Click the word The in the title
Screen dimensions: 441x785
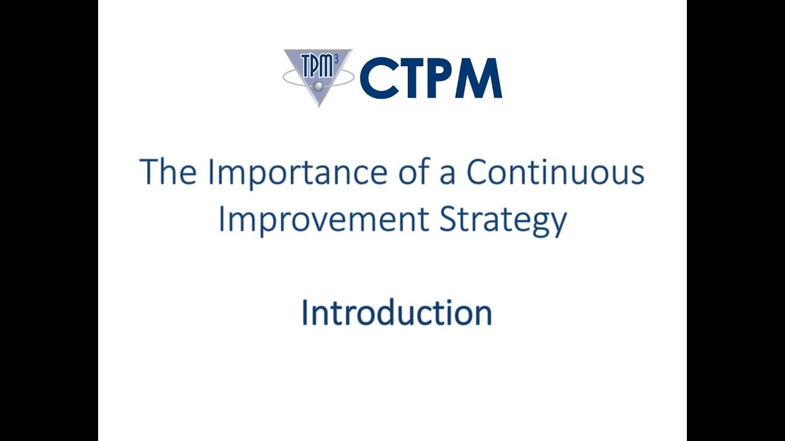pos(168,173)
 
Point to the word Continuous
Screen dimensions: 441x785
pos(555,173)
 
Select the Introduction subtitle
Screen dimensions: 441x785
pos(397,313)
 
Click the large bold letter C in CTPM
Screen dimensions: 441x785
pos(380,78)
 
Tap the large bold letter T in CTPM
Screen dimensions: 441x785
pos(415,78)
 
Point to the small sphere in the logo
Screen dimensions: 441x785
pos(318,86)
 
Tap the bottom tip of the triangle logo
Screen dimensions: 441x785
pos(318,106)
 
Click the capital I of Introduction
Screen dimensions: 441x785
pos(304,313)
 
